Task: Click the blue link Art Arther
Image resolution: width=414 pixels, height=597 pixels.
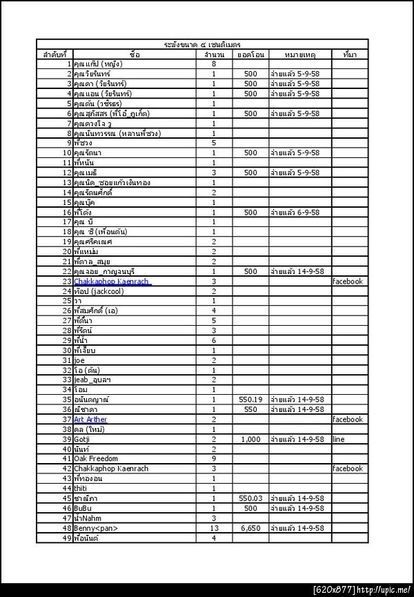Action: pyautogui.click(x=90, y=420)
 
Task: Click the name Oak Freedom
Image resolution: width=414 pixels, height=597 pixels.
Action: pyautogui.click(x=96, y=459)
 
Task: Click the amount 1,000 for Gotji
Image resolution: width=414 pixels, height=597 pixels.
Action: pyautogui.click(x=250, y=439)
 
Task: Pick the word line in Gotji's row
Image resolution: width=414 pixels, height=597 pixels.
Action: pyautogui.click(x=337, y=439)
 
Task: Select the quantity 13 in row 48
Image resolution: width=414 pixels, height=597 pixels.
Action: pyautogui.click(x=214, y=528)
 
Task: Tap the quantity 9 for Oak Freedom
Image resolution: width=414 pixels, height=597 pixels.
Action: pyautogui.click(x=214, y=459)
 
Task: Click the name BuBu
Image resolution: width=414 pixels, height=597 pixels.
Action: pyautogui.click(x=83, y=508)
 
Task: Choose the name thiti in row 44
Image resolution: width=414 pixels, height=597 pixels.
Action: pyautogui.click(x=81, y=489)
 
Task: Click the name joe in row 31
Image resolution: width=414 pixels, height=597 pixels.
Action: pyautogui.click(x=79, y=360)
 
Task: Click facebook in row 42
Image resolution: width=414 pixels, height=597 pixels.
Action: pyautogui.click(x=347, y=469)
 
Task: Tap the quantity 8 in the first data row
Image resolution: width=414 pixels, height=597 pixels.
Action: pyautogui.click(x=214, y=64)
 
